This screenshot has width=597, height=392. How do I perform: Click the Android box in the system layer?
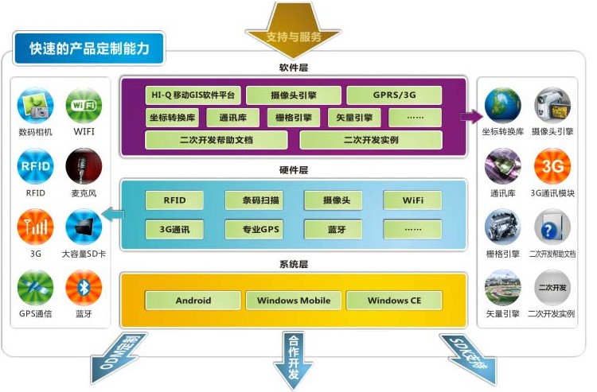click(x=193, y=301)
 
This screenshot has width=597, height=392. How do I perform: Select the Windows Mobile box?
click(x=294, y=301)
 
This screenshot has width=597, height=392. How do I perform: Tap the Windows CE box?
click(x=394, y=301)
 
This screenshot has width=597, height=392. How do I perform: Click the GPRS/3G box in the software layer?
click(x=394, y=95)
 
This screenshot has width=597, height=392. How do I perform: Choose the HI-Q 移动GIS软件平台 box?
click(x=193, y=95)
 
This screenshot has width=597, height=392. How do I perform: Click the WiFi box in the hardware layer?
click(x=412, y=200)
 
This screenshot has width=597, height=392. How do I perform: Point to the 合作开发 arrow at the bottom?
click(x=294, y=358)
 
